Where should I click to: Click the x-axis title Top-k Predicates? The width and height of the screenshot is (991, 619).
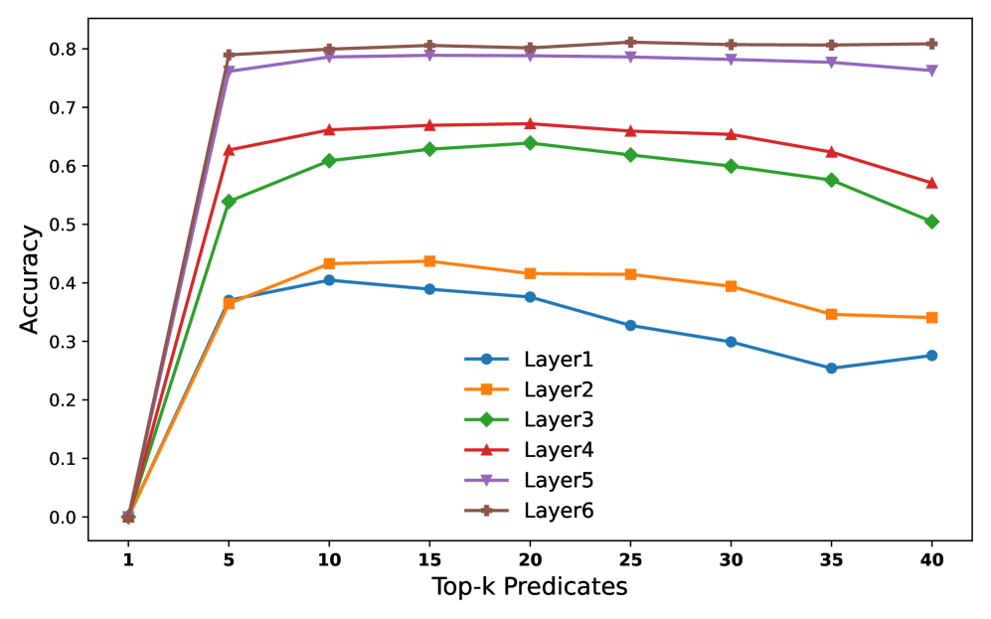[x=530, y=587]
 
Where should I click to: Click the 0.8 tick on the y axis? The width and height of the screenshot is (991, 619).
[x=61, y=49]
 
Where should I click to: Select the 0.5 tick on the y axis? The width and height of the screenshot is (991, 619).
[x=61, y=225]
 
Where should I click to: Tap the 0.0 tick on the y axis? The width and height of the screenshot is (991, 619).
[x=61, y=518]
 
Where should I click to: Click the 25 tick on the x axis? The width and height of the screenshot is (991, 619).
[x=630, y=559]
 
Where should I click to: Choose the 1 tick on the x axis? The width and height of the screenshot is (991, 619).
[x=128, y=559]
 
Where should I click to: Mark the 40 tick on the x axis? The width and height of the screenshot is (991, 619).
[x=931, y=559]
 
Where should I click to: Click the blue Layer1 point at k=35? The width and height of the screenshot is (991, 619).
[x=831, y=369]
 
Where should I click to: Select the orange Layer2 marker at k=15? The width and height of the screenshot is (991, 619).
[x=429, y=261]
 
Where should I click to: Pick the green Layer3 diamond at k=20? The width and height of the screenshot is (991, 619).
[x=530, y=143]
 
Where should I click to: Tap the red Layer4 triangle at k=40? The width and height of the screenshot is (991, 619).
[x=931, y=183]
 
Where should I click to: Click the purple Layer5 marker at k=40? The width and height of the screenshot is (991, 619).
[x=931, y=71]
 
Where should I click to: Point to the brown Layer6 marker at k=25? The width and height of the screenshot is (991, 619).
[x=630, y=42]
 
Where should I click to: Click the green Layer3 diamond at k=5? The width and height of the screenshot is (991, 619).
[x=229, y=202]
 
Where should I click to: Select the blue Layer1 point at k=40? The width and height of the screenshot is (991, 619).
[x=931, y=356]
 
